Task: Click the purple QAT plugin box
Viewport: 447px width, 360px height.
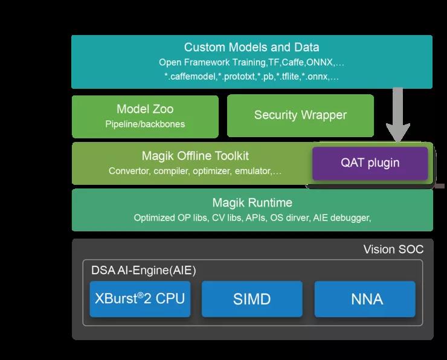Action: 370,163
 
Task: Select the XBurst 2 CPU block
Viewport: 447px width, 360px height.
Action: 140,298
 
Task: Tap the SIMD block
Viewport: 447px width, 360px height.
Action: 251,298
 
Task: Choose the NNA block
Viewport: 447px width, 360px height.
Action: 365,298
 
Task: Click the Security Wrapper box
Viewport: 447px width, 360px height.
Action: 300,115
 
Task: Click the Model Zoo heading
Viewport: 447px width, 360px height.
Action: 145,109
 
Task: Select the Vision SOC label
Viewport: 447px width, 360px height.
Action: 393,249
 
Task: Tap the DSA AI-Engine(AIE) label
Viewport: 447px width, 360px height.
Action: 144,271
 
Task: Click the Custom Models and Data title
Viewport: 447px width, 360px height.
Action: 251,47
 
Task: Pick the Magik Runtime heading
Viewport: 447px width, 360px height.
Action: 252,202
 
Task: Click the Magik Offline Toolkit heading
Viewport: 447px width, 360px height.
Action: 195,156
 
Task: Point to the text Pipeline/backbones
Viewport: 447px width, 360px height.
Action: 145,124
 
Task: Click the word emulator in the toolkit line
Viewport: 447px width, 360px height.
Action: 253,171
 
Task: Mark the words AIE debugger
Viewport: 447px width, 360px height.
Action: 341,217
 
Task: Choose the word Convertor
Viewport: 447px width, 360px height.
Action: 129,171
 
